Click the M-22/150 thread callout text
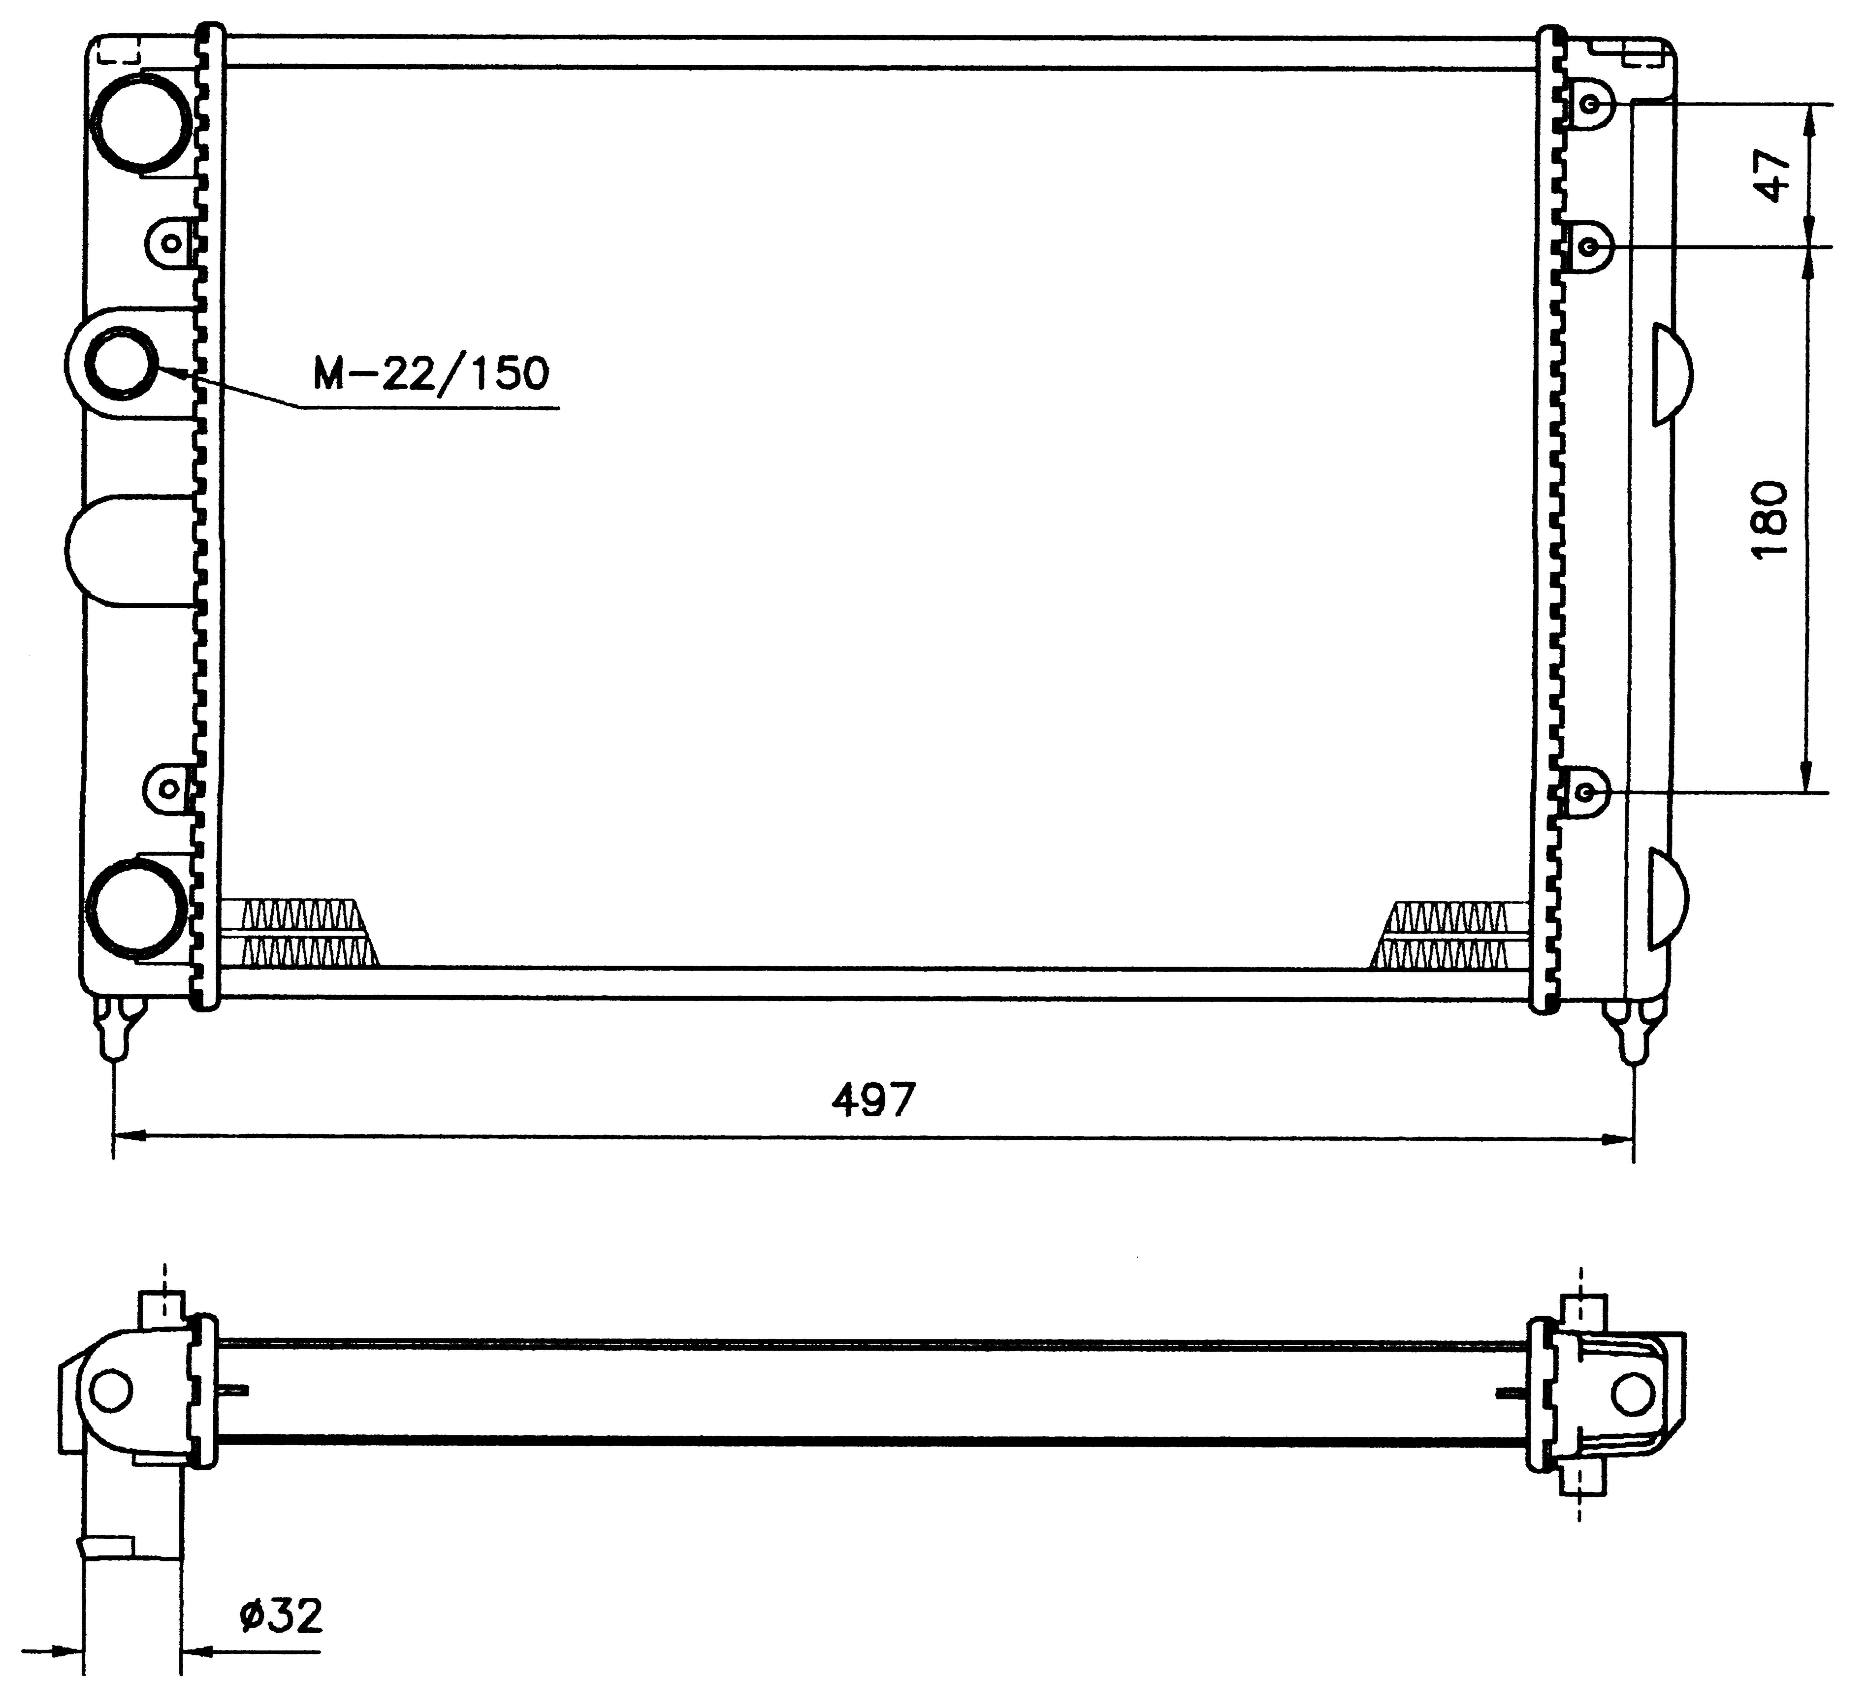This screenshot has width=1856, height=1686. (x=431, y=373)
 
